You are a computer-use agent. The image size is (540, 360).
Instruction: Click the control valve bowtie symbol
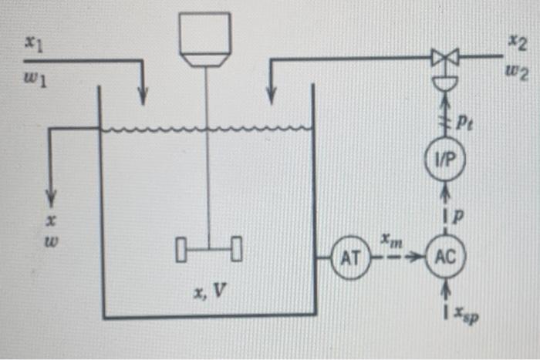[446, 57]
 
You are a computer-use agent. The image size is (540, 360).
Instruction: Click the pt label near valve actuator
[466, 121]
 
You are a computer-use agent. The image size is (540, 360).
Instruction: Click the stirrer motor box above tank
[204, 38]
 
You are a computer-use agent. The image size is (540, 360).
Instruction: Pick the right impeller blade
[236, 250]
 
